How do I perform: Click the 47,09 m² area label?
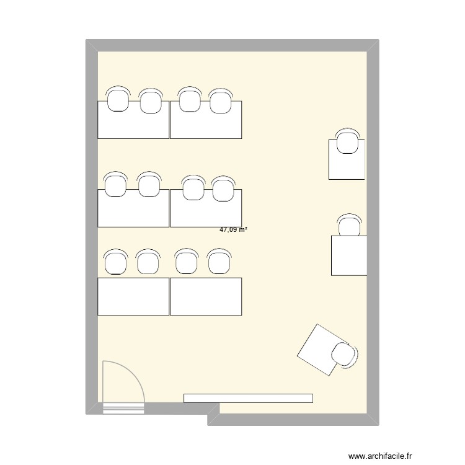coord(234,229)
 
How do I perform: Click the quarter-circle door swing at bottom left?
coord(123,381)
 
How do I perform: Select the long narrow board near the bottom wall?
coord(248,398)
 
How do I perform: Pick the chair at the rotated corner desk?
coord(343,355)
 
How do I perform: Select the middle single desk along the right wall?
coord(349,255)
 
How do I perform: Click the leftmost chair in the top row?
coord(118,99)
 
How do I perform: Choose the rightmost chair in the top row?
coord(220,100)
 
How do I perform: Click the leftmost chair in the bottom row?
coord(115,262)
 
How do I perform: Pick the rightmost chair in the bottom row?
coord(218,262)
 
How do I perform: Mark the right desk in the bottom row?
coord(206,296)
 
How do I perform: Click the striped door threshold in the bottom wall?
coord(123,408)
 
